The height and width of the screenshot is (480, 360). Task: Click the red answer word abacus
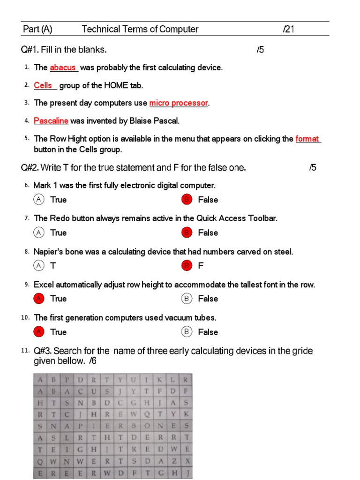[63, 67]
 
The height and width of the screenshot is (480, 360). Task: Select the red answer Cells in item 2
[43, 85]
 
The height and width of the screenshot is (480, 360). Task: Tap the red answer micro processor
[179, 103]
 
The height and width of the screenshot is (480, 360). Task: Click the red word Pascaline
[51, 121]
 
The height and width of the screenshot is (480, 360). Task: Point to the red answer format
[307, 139]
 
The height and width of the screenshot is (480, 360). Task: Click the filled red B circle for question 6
[187, 200]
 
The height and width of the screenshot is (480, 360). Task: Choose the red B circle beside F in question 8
[187, 266]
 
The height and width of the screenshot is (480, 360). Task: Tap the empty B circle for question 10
[187, 332]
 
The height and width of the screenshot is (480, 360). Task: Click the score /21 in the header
[290, 30]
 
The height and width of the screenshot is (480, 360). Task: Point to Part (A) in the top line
[38, 30]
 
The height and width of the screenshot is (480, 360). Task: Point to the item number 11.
[25, 351]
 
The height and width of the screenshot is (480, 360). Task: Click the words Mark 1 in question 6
[45, 186]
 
